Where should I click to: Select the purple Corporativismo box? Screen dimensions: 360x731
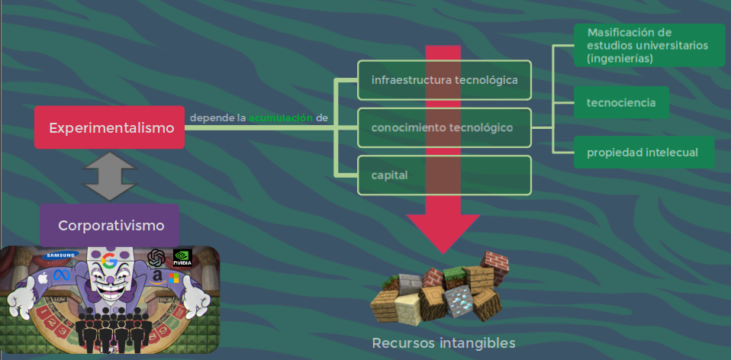click(x=110, y=225)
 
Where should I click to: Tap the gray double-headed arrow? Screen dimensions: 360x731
click(x=109, y=176)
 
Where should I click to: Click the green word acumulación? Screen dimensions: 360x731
click(x=281, y=118)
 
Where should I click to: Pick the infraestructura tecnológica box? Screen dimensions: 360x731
click(x=444, y=80)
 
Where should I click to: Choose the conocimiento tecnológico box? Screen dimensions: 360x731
click(x=444, y=127)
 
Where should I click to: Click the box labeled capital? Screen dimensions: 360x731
click(x=444, y=175)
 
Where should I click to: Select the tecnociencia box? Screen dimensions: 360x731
click(x=621, y=102)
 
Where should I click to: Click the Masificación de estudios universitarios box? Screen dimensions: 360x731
click(x=649, y=45)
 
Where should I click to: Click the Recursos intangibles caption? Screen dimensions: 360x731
click(x=443, y=342)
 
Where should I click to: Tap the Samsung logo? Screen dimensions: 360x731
click(x=62, y=255)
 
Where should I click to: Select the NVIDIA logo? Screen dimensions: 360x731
click(x=182, y=257)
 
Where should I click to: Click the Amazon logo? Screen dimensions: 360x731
click(x=158, y=276)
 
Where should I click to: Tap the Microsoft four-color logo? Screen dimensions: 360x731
click(x=174, y=278)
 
